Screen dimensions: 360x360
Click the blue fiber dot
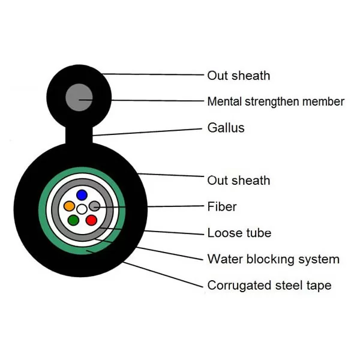pos(81,196)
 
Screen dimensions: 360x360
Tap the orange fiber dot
pos(70,206)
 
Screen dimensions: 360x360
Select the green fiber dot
pos(73,220)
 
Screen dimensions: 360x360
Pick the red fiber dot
pos(91,220)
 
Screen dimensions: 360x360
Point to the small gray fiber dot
pos(93,206)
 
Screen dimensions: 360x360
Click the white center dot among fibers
pos(82,209)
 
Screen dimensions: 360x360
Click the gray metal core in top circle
pos(79,96)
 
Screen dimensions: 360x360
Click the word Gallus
pos(226,128)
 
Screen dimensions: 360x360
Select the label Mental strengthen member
pos(275,101)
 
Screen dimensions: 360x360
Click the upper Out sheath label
pos(238,76)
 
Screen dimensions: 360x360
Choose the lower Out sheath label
pos(238,181)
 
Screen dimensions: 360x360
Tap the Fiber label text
pos(221,207)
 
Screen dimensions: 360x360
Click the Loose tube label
pos(239,233)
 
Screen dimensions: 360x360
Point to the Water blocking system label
pos(273,259)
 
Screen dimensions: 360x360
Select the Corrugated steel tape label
pos(269,286)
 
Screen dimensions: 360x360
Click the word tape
pos(318,286)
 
